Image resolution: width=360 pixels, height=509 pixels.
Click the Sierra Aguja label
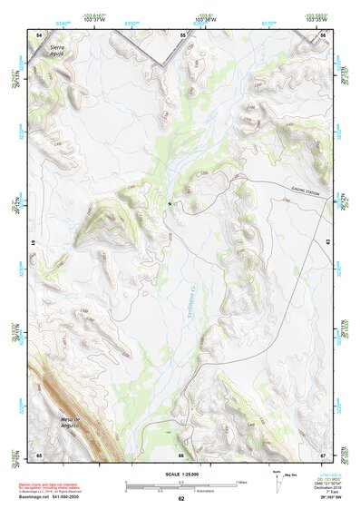[x=58, y=48]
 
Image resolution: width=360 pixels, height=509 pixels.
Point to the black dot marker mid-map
[x=168, y=205]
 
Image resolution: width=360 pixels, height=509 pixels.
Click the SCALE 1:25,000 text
[x=181, y=472]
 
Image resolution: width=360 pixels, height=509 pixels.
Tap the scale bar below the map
[x=180, y=484]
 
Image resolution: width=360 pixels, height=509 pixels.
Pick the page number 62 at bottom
[x=181, y=498]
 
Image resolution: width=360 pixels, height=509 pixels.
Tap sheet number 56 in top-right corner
[x=324, y=34]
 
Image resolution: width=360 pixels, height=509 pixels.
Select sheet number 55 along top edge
[x=181, y=34]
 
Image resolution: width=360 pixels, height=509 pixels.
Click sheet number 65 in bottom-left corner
[x=39, y=454]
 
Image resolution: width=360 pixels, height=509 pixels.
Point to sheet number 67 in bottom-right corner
[x=324, y=454]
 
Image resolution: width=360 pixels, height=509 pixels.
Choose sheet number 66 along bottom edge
[x=181, y=455]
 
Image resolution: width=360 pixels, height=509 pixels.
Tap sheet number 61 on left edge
[x=36, y=244]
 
